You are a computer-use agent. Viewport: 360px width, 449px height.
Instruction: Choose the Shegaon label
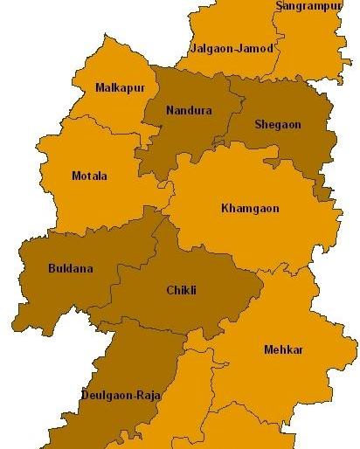click(277, 125)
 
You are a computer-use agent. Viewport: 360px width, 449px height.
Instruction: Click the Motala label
click(88, 176)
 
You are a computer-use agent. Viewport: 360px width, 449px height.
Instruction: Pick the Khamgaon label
click(251, 209)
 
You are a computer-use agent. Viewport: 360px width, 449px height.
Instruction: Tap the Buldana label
click(70, 268)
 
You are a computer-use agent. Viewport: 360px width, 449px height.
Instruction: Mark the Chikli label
click(181, 291)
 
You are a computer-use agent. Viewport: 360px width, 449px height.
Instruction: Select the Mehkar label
click(283, 349)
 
